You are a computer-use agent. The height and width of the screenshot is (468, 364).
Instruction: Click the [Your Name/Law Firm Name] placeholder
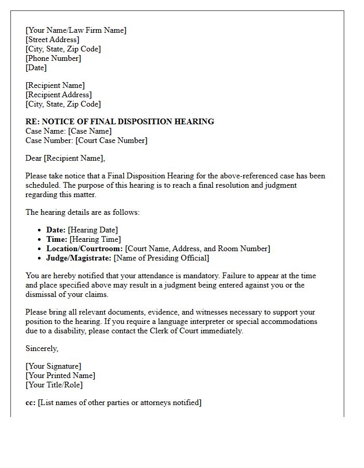coord(76,30)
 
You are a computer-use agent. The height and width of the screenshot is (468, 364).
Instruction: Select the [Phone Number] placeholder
coord(54,58)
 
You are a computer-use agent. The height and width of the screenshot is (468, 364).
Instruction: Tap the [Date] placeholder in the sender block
coord(36,68)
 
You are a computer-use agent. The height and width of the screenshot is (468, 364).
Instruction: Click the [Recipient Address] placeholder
coord(59,95)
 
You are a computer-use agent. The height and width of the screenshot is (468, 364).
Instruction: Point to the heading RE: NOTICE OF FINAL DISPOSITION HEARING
coord(120,122)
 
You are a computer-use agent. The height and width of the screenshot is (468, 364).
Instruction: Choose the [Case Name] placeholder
coord(90,131)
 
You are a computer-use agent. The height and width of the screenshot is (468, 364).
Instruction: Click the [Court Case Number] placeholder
coord(111,140)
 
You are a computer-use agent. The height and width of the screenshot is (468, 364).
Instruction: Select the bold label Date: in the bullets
coord(56,230)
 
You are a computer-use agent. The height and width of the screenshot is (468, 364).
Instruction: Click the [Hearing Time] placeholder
coord(95,239)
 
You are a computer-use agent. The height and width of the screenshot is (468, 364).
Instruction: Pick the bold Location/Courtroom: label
coord(84,249)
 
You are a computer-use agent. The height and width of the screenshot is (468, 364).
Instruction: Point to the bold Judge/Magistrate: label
coord(79,258)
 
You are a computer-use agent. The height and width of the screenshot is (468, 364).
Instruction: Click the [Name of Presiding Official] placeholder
coord(161,258)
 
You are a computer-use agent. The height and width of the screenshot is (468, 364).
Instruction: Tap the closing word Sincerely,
coord(42,348)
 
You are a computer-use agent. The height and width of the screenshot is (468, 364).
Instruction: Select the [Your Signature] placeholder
coord(54,366)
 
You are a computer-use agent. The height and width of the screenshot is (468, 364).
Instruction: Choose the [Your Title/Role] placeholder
coord(54,385)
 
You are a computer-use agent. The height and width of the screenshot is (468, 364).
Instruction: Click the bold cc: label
coord(31,402)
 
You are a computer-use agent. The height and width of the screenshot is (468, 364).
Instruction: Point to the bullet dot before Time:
coord(41,239)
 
